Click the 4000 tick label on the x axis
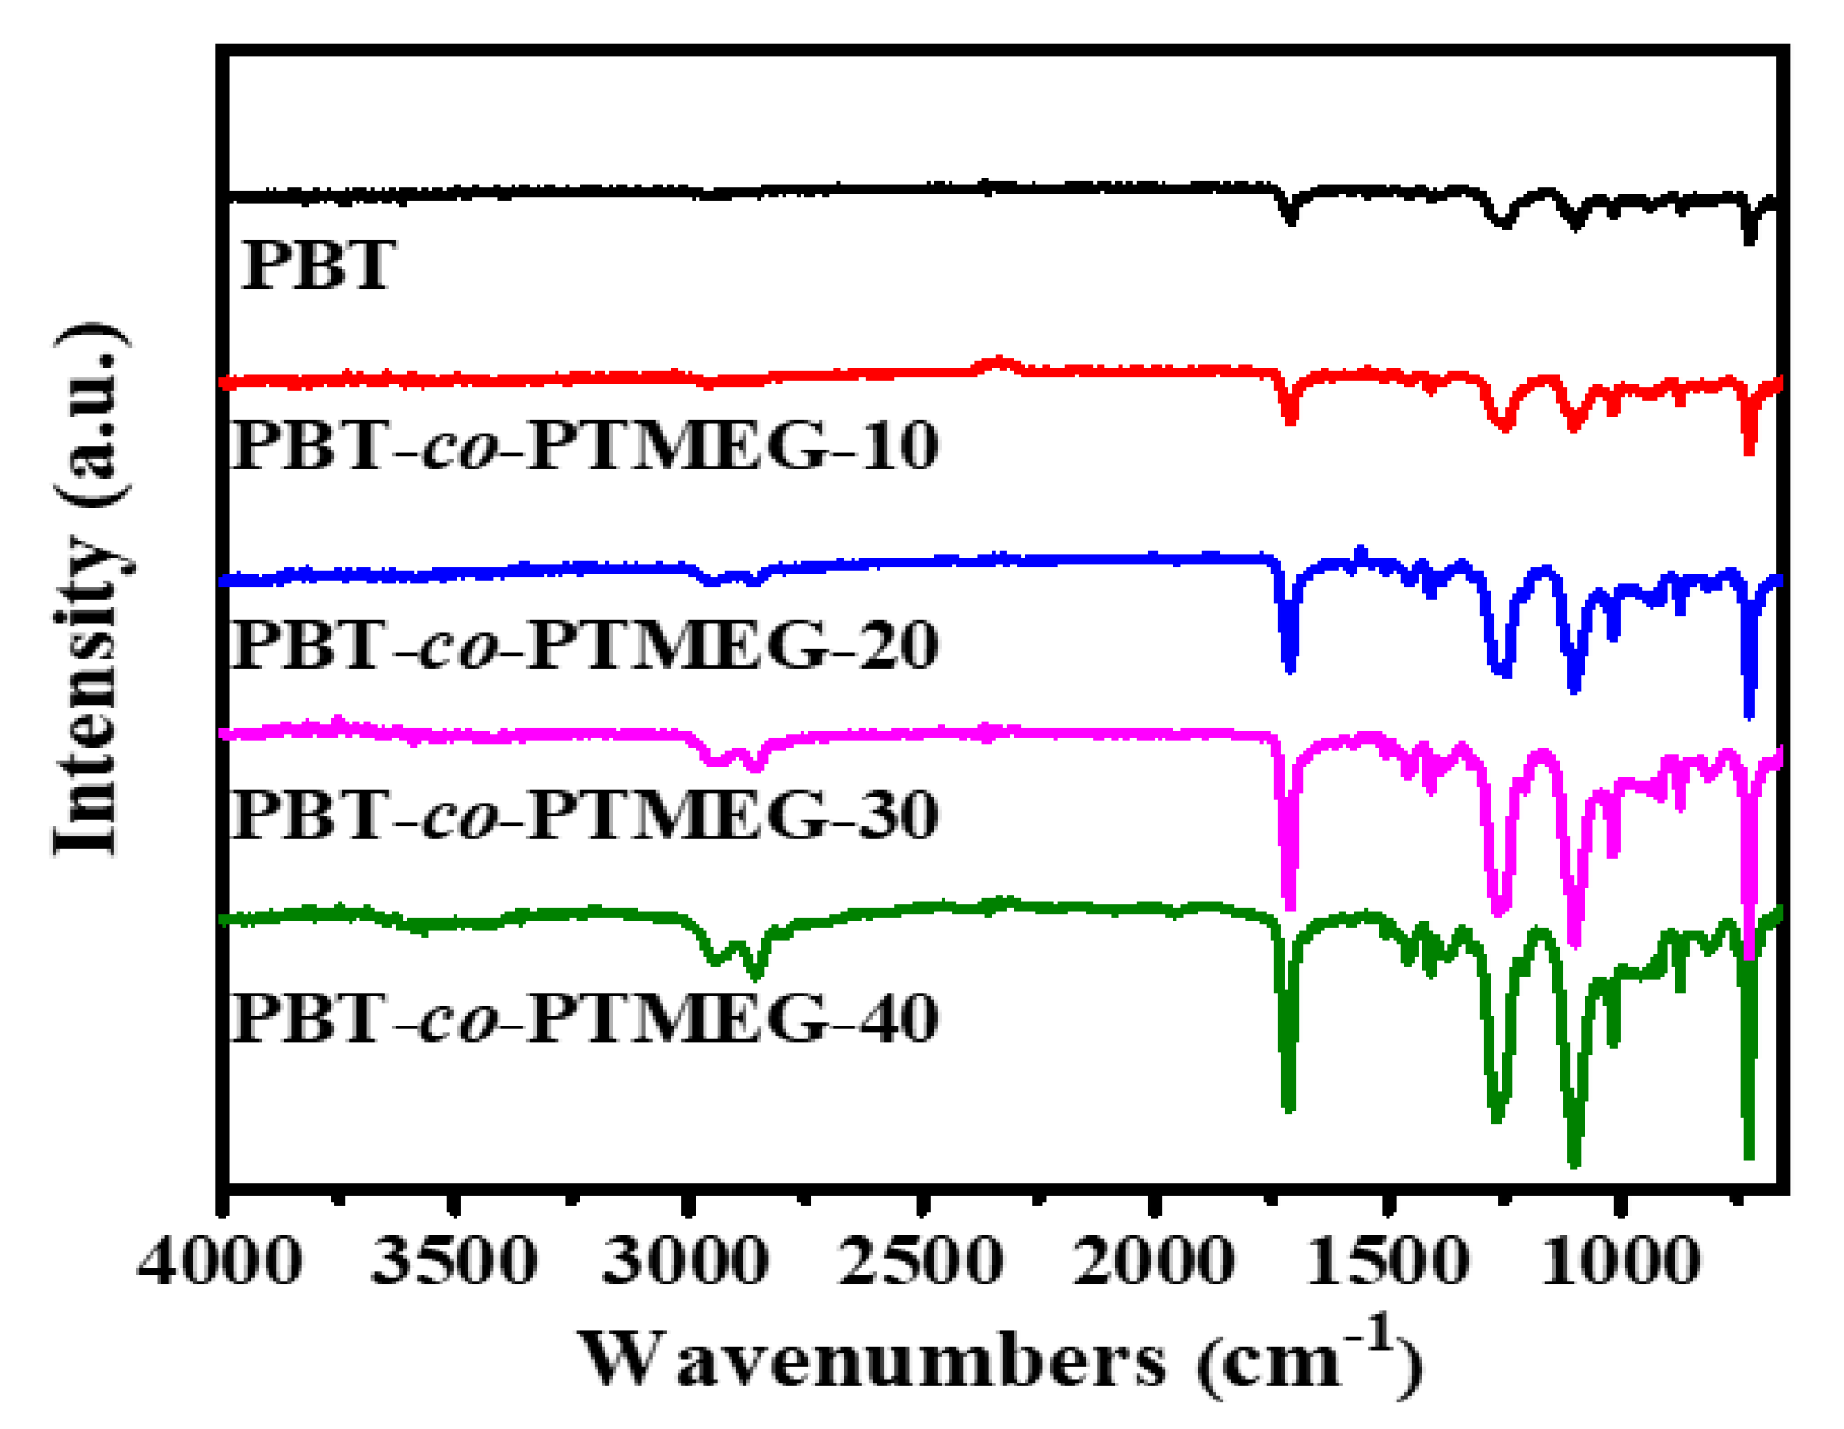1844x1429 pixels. pyautogui.click(x=220, y=1263)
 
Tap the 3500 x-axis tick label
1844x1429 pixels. pyautogui.click(x=454, y=1263)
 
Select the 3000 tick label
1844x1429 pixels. pyautogui.click(x=685, y=1263)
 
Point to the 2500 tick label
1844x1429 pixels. pyautogui.click(x=921, y=1263)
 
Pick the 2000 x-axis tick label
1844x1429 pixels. pyautogui.click(x=1154, y=1263)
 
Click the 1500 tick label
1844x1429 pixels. pyautogui.click(x=1387, y=1263)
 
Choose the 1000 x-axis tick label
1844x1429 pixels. pyautogui.click(x=1619, y=1263)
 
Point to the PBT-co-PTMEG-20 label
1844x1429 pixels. pyautogui.click(x=585, y=644)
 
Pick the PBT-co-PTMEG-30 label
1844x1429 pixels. pyautogui.click(x=585, y=814)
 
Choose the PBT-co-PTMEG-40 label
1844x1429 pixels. pyautogui.click(x=585, y=1017)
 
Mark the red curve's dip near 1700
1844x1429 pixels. pyautogui.click(x=1289, y=419)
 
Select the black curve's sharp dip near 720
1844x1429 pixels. pyautogui.click(x=1749, y=239)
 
